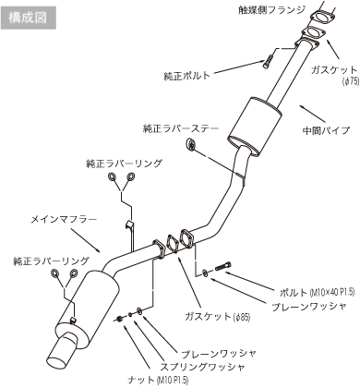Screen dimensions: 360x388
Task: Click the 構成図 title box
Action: point(29,18)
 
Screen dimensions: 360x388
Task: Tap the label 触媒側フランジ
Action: point(272,10)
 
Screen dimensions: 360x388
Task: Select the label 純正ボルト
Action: point(187,76)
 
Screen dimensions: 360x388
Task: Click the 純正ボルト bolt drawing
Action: point(267,61)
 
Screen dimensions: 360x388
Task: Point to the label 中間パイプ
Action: point(326,130)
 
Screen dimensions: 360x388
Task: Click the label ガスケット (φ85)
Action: point(218,317)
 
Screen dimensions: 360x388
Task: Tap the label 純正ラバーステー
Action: point(181,128)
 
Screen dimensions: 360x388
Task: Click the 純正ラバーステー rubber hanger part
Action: point(190,144)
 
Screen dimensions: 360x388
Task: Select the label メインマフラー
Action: point(64,219)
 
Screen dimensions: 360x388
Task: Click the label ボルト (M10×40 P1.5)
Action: point(318,292)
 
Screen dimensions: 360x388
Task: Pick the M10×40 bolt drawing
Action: point(223,266)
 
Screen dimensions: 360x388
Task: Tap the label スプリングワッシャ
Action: point(202,367)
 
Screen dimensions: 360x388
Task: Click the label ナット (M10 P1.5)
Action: point(158,379)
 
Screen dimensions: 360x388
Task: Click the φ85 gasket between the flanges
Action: point(172,244)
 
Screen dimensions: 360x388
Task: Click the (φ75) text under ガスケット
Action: point(351,81)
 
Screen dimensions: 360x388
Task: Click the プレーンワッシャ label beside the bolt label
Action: point(309,307)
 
